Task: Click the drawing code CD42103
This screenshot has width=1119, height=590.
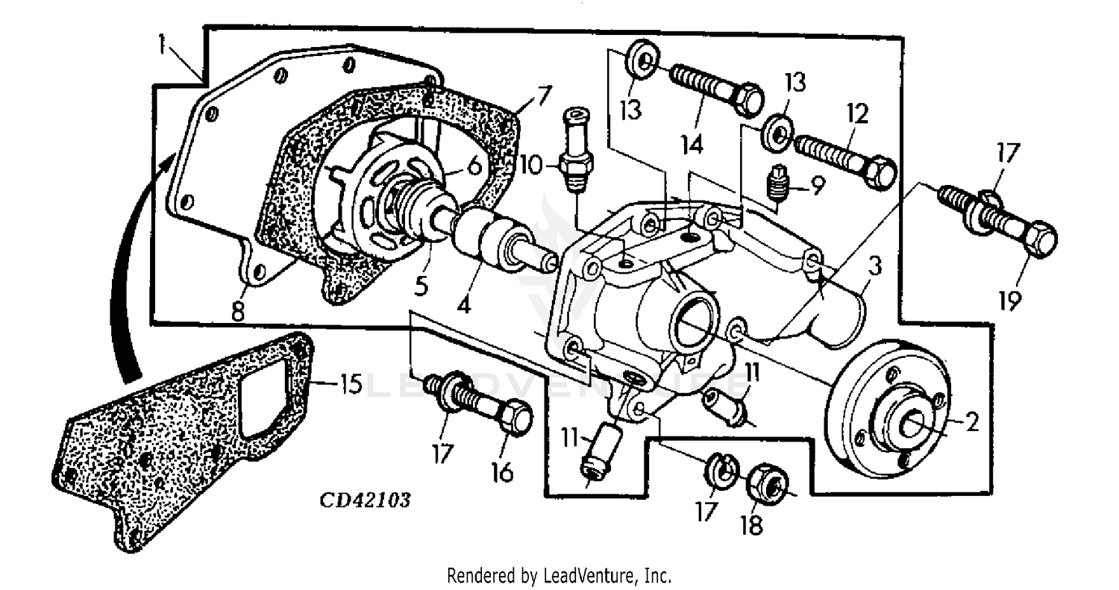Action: (365, 500)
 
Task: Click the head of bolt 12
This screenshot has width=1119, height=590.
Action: (881, 171)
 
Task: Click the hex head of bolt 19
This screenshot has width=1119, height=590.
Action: (1037, 239)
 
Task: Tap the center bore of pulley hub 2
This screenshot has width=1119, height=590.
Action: (915, 424)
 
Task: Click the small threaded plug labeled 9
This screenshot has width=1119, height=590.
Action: (778, 183)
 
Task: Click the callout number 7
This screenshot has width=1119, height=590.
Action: (542, 96)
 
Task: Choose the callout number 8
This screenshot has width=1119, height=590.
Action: (238, 310)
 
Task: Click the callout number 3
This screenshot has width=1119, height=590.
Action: (874, 266)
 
